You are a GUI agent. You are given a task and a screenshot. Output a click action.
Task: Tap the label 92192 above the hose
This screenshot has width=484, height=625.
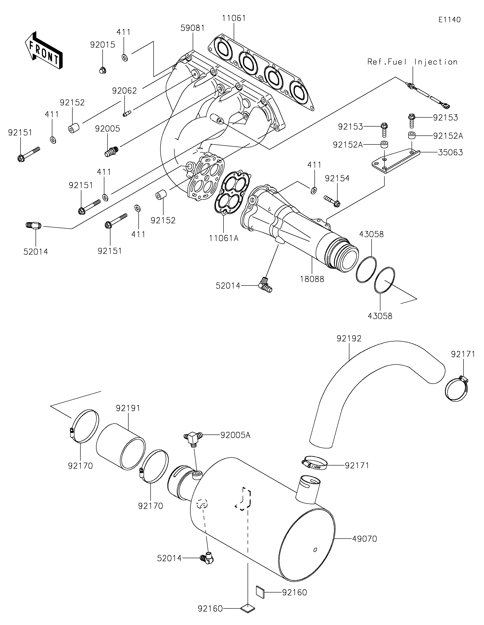349,339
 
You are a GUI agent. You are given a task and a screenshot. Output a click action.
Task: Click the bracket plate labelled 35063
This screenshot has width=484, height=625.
395,162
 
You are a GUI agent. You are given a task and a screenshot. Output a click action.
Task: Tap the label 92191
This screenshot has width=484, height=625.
128,408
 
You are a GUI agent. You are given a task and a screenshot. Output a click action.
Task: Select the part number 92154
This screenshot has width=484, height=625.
337,178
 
